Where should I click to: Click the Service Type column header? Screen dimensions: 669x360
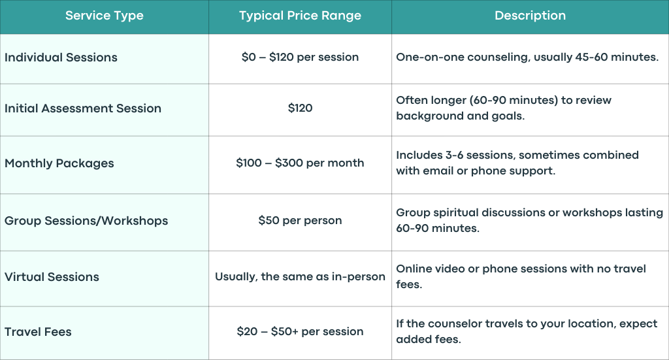104,16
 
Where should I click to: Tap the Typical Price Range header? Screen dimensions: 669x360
300,16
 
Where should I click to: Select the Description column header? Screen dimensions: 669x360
530,16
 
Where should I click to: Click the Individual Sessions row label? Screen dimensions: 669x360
61,57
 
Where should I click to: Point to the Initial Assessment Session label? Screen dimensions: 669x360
83,108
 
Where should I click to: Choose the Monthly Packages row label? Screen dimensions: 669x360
59,163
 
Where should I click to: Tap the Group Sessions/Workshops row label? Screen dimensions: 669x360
86,221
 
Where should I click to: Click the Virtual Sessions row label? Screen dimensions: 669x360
52,277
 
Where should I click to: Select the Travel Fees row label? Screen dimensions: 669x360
38,332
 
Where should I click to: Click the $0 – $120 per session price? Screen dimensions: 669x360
300,57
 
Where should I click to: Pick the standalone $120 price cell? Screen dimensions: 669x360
300,108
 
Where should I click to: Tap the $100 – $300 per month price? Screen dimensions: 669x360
300,163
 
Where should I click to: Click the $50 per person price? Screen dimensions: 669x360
300,221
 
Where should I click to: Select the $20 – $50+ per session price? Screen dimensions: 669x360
300,331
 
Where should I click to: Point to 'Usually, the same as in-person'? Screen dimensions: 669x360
300,277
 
